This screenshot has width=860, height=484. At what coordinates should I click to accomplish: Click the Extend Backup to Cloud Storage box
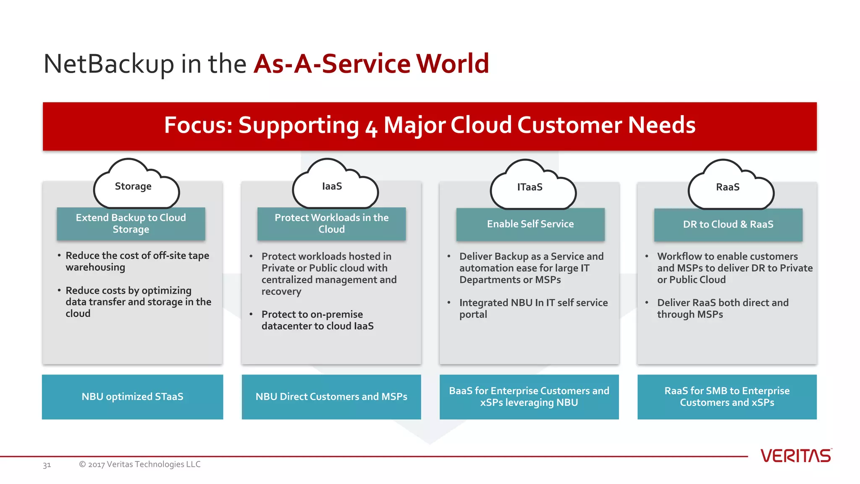(x=131, y=224)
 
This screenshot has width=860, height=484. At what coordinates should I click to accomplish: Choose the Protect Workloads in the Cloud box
(x=331, y=224)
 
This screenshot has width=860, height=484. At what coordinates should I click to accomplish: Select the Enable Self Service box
(x=530, y=224)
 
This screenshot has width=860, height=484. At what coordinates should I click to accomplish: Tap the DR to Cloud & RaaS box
(x=728, y=225)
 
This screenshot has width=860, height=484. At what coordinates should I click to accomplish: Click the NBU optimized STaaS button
(x=132, y=397)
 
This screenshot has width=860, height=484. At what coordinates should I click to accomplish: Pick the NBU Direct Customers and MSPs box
(x=331, y=397)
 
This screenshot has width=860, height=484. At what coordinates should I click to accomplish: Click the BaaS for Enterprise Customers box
(x=529, y=397)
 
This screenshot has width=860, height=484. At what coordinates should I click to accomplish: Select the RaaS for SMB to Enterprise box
(x=727, y=397)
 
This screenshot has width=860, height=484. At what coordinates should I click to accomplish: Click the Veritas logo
(x=795, y=456)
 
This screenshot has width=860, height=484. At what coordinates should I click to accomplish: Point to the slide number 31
(x=47, y=465)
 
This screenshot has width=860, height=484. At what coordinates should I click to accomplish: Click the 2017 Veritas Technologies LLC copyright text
(x=140, y=464)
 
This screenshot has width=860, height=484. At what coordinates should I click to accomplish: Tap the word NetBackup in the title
(x=108, y=64)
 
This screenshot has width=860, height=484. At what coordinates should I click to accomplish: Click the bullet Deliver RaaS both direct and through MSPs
(x=722, y=308)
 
